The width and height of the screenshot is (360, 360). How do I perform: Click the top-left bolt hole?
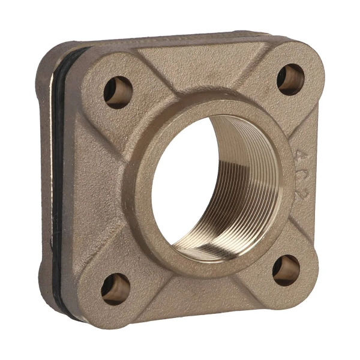pyautogui.click(x=118, y=91)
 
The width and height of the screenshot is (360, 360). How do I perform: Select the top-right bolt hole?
pyautogui.click(x=291, y=79)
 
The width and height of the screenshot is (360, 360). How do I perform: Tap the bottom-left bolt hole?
pyautogui.click(x=115, y=289)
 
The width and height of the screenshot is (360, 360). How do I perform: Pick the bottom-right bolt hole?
pyautogui.click(x=286, y=269)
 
